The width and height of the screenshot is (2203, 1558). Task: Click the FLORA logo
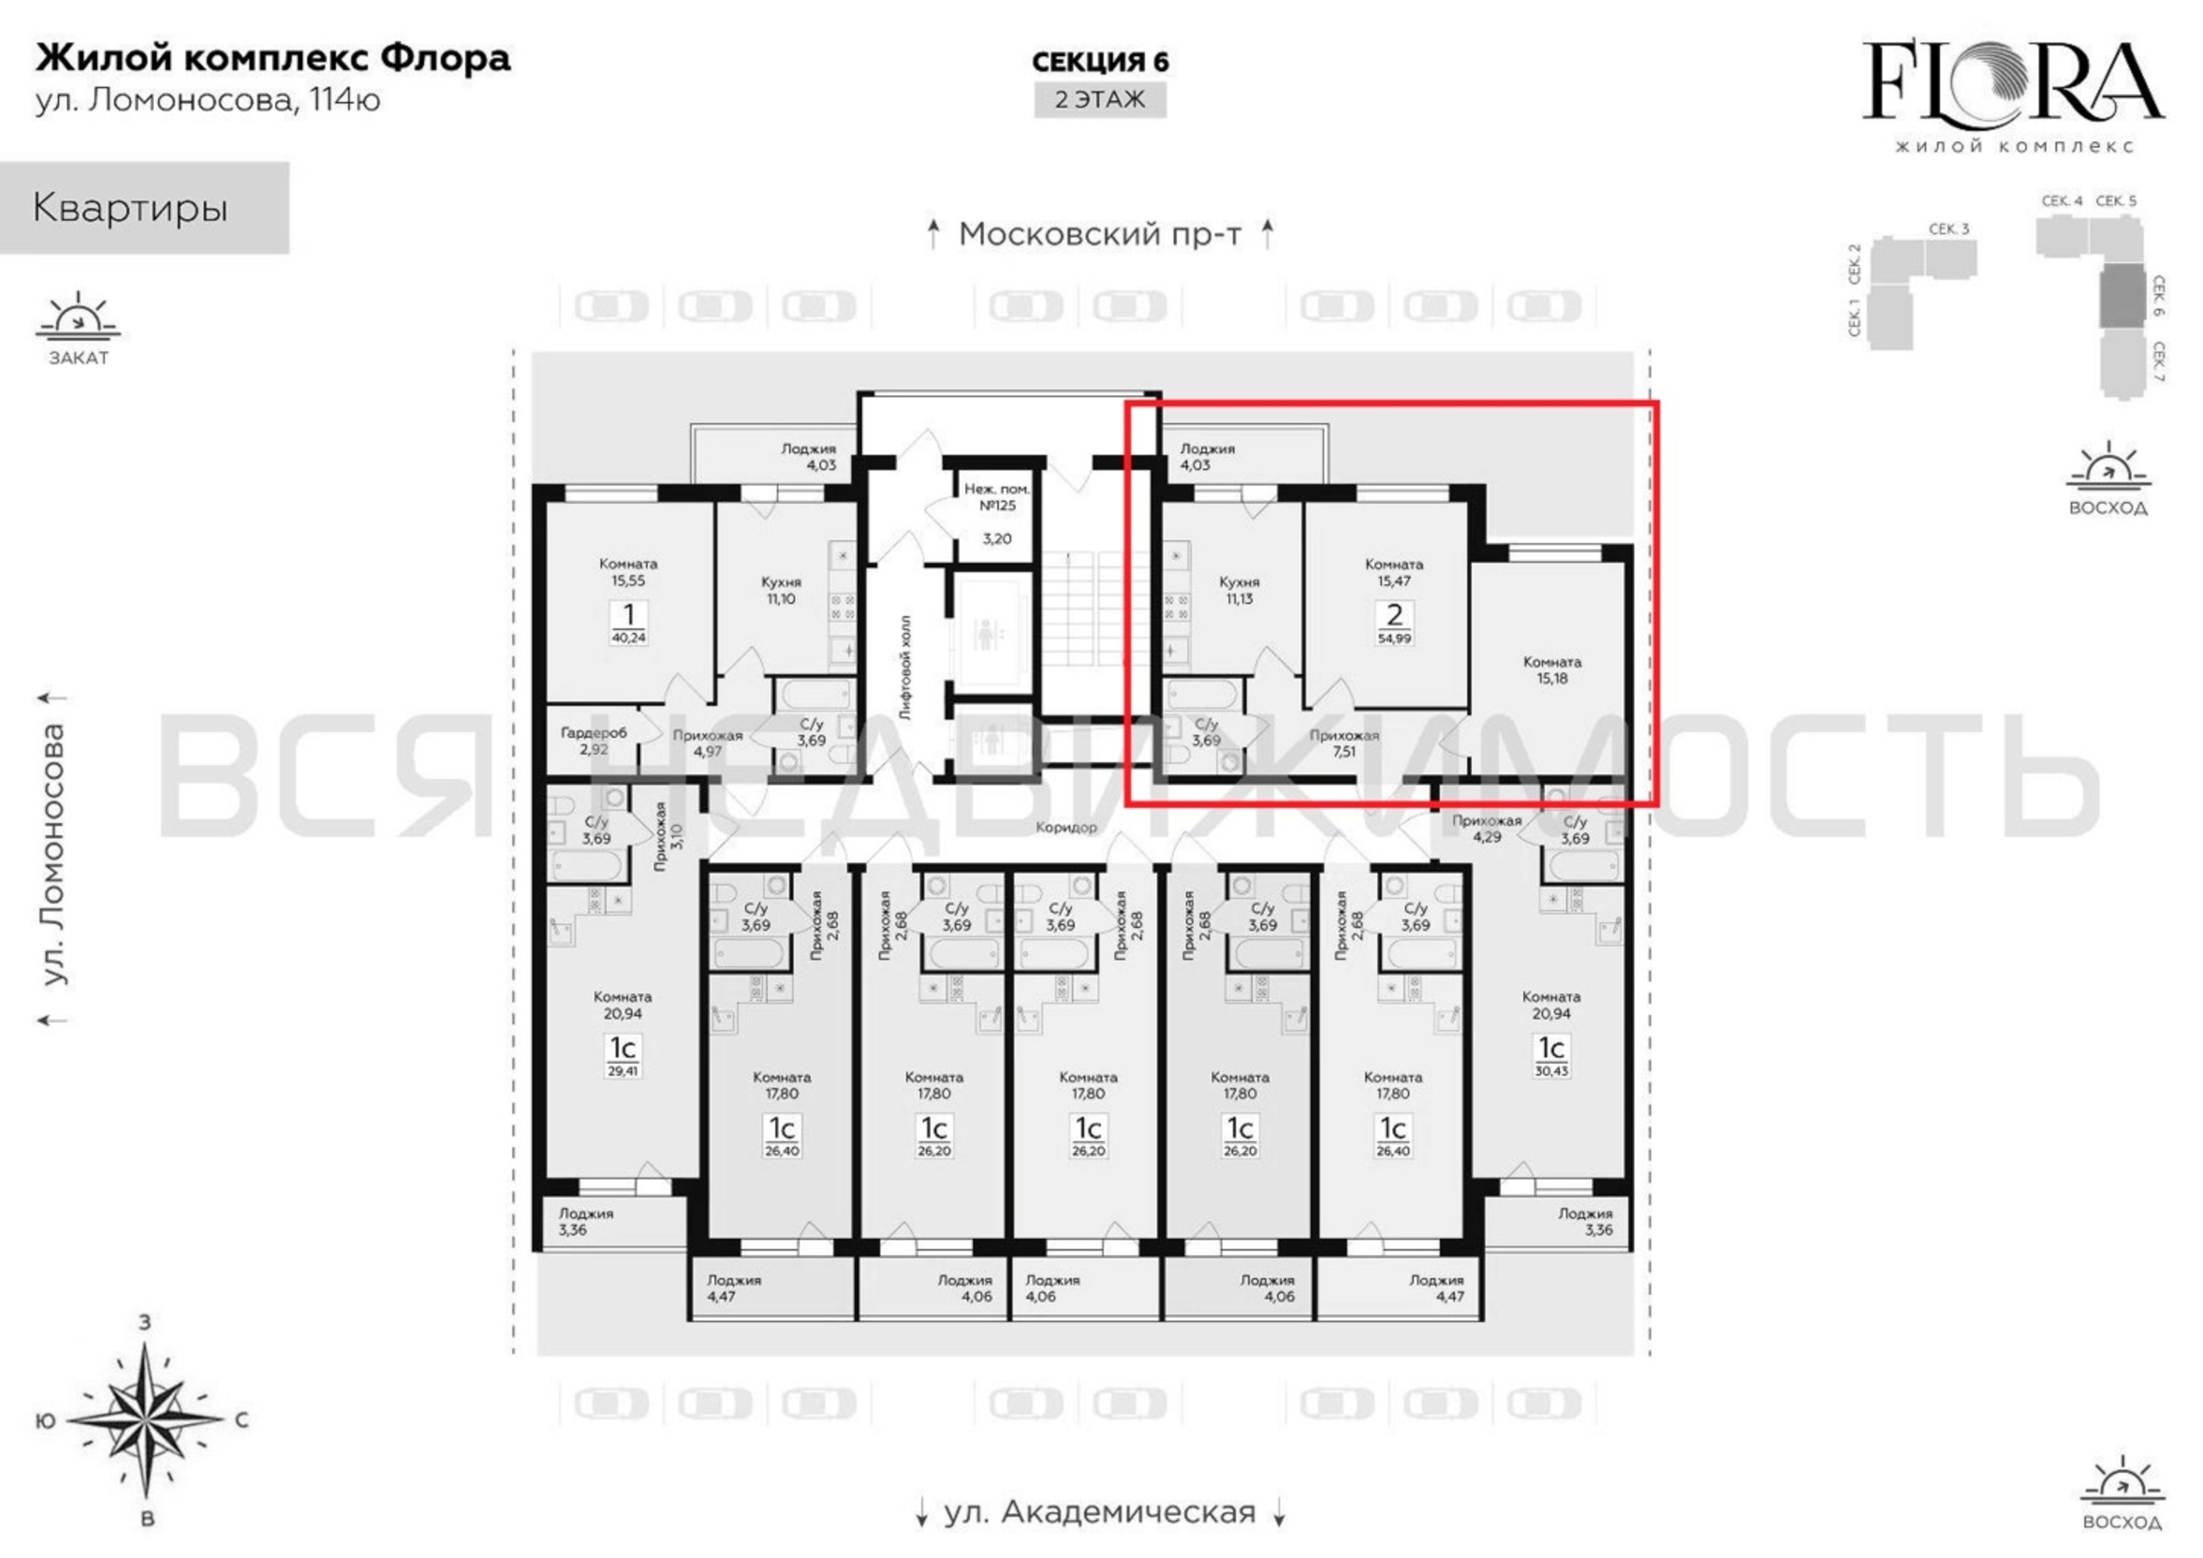(x=2013, y=94)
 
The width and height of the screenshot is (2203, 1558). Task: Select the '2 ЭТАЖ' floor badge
(x=1100, y=100)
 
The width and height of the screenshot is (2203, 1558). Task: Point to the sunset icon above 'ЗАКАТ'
(x=79, y=318)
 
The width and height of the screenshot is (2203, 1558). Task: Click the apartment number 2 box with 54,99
(x=1394, y=622)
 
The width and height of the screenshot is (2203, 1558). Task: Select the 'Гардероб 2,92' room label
(x=594, y=740)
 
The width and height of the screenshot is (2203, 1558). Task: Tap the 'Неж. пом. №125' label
(x=997, y=497)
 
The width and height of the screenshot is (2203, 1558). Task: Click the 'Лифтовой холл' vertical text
(x=906, y=666)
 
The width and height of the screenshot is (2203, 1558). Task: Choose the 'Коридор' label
(x=1066, y=827)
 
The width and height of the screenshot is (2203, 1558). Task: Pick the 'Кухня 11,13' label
(x=1239, y=590)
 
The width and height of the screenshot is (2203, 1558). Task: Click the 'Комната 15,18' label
(x=1551, y=670)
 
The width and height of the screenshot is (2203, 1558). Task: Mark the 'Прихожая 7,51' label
(x=1344, y=743)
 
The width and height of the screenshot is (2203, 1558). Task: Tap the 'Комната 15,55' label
(x=628, y=572)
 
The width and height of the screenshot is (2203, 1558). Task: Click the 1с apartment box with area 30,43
(x=1551, y=1055)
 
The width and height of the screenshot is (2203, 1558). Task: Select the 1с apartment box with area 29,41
(x=623, y=1055)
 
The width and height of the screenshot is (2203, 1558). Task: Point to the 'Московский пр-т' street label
(x=1100, y=233)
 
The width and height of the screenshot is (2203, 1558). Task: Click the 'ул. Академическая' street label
(x=1100, y=1512)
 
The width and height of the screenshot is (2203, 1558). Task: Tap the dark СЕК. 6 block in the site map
(x=2120, y=297)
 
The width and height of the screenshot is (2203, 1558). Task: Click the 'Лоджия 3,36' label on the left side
(x=586, y=1221)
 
